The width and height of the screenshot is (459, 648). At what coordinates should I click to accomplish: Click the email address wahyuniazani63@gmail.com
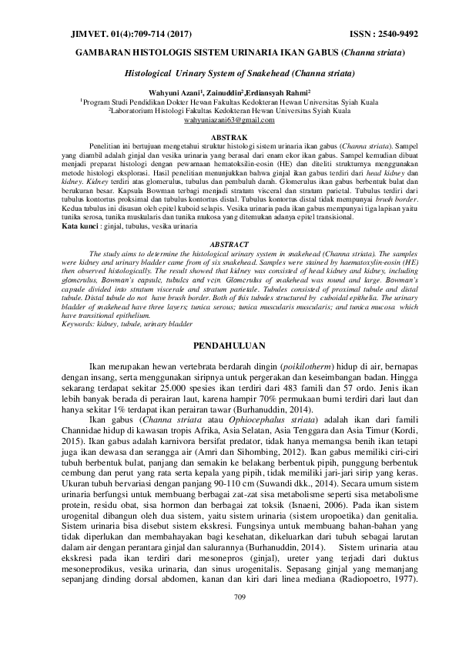point(229,121)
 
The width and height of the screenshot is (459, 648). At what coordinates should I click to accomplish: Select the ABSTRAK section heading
point(229,136)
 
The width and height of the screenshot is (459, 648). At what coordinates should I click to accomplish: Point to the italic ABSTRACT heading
point(229,243)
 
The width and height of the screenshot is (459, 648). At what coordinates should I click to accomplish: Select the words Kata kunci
point(79,229)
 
